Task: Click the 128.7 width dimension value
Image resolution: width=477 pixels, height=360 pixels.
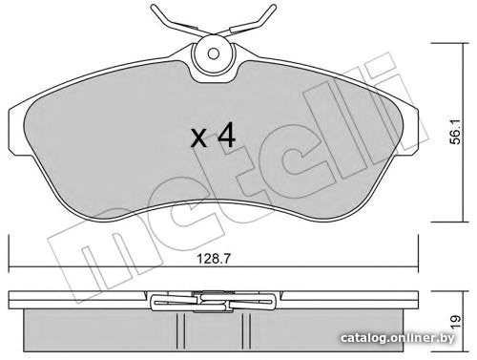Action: click(x=213, y=259)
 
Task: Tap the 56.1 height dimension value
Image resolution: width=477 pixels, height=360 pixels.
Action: click(x=457, y=133)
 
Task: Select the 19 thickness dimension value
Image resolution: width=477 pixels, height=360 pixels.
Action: click(x=455, y=322)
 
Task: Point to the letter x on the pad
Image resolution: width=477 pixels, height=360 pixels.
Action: click(x=199, y=138)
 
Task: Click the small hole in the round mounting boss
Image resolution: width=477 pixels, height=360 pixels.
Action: click(x=214, y=53)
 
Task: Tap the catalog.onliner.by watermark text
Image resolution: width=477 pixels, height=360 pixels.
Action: click(x=398, y=338)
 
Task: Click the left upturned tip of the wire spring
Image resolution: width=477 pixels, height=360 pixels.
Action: click(x=154, y=7)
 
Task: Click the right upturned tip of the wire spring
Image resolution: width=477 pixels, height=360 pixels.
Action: click(x=273, y=7)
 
